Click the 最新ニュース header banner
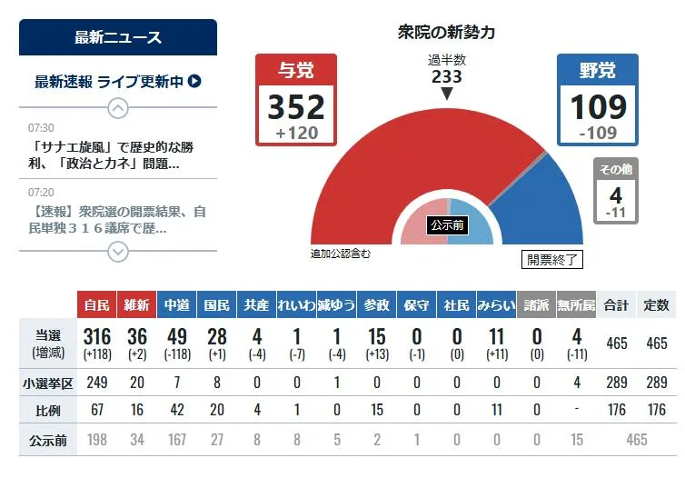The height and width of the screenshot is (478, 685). pos(118,37)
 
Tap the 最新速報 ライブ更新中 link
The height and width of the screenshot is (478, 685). pos(118,82)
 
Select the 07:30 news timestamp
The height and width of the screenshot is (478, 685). pos(41,127)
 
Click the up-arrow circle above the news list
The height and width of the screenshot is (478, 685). pos(118,108)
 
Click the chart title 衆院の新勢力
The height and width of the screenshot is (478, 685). pos(447,33)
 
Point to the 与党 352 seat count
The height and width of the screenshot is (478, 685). pos(296,107)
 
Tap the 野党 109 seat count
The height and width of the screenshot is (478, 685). pos(598,107)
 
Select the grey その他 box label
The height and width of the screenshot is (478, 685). pos(615,169)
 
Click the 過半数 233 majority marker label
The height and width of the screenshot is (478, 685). pos(446,70)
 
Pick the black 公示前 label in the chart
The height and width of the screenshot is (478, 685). pos(447,224)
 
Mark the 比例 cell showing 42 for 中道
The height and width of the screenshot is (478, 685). pos(176,411)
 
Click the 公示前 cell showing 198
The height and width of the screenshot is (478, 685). pos(96,440)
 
